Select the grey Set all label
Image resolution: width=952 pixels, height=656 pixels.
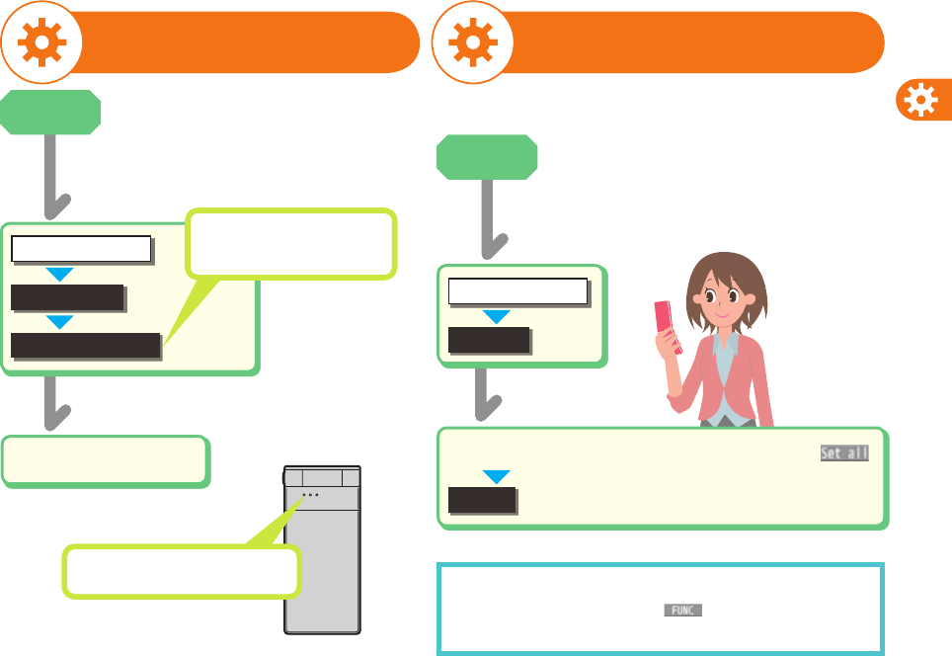[x=843, y=453]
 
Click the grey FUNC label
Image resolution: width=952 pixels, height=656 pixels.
[x=681, y=611]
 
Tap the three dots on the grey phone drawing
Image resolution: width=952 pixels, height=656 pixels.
[x=310, y=495]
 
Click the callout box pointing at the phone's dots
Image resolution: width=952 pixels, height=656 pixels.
[x=181, y=571]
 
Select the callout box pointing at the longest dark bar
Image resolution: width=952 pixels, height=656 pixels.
[x=291, y=242]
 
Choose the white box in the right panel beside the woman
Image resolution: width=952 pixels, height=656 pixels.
[x=517, y=291]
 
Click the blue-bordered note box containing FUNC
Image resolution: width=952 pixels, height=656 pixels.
[x=660, y=610]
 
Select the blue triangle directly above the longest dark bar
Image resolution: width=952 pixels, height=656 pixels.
[x=61, y=321]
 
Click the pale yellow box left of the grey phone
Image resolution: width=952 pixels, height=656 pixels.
[x=106, y=460]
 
